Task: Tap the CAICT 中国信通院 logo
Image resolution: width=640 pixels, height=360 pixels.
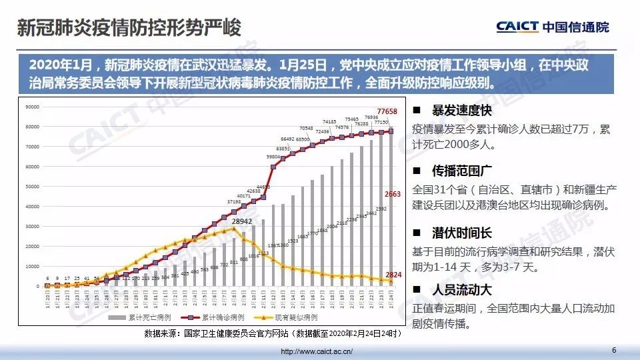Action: click(552, 27)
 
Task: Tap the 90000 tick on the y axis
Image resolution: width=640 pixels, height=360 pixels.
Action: click(32, 107)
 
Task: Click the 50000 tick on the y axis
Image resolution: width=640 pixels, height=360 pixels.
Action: click(32, 187)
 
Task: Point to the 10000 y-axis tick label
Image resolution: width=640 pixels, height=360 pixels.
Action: click(32, 267)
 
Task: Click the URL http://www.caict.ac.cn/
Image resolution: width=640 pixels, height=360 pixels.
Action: click(317, 351)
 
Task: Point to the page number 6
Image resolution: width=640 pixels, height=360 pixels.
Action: click(614, 350)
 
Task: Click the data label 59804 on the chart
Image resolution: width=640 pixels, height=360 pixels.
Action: click(273, 157)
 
